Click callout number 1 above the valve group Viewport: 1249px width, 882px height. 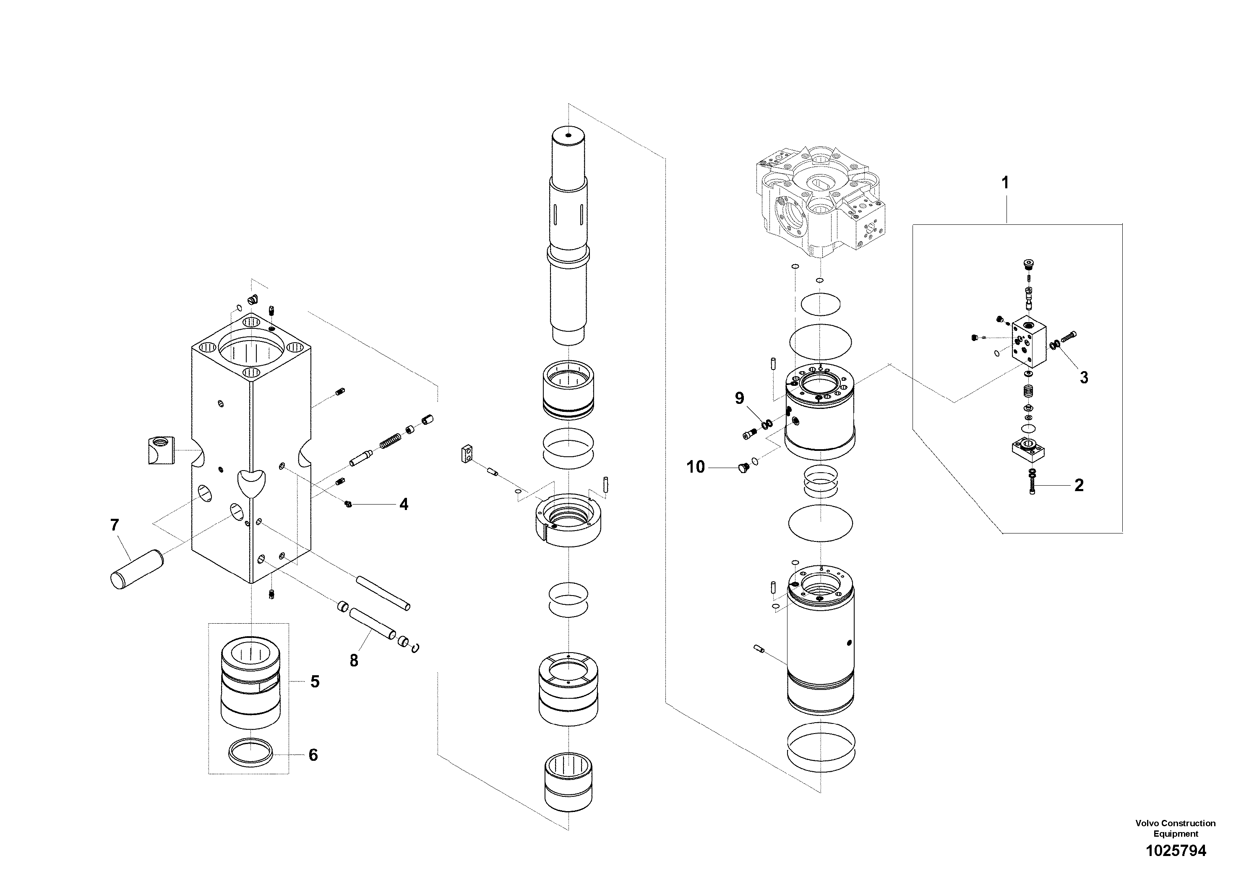coord(1005,183)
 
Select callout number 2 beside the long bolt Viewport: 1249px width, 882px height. coord(1079,485)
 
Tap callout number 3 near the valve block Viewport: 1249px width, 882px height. coord(1084,377)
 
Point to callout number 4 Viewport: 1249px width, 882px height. coord(403,505)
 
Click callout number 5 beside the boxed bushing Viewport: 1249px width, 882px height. coord(314,682)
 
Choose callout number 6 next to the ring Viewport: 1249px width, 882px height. coord(313,755)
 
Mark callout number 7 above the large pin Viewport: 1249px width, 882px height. coord(114,525)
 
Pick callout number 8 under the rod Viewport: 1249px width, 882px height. coord(354,661)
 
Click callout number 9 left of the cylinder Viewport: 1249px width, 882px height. coord(739,398)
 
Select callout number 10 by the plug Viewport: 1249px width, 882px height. coord(695,467)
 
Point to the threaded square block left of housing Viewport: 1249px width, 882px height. coord(160,450)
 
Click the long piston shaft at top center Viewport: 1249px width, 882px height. coord(568,234)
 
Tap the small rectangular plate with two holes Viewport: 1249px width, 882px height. coord(467,453)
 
